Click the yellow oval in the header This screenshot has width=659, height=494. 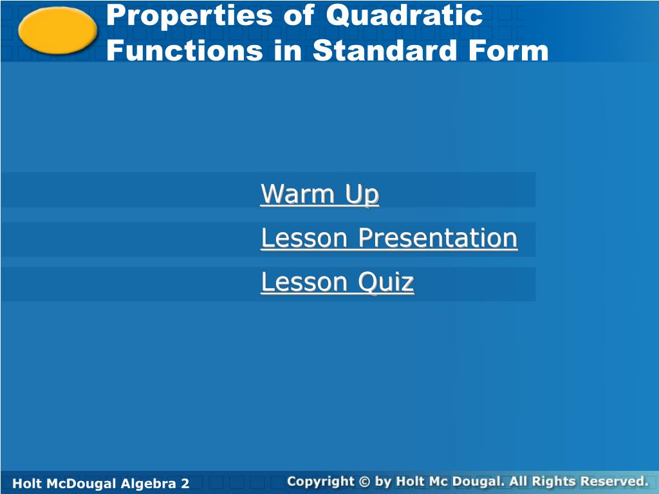pyautogui.click(x=57, y=31)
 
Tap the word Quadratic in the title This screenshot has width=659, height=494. pyautogui.click(x=404, y=15)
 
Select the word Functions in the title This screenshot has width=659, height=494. pyautogui.click(x=185, y=50)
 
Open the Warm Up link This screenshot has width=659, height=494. pyautogui.click(x=320, y=194)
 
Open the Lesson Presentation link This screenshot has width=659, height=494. pyautogui.click(x=389, y=238)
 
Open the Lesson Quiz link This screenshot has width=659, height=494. pyautogui.click(x=337, y=282)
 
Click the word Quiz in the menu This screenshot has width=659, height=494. pyautogui.click(x=386, y=282)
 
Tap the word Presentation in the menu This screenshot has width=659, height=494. pyautogui.click(x=438, y=238)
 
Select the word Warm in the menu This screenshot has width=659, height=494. pyautogui.click(x=297, y=194)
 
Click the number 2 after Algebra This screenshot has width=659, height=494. pyautogui.click(x=185, y=483)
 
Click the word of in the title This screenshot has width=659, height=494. pyautogui.click(x=299, y=15)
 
